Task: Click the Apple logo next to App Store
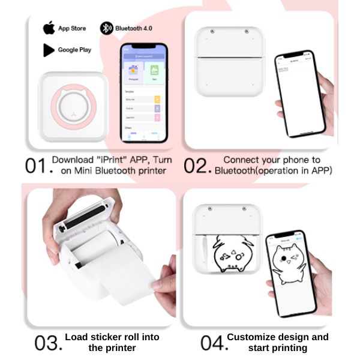click(x=49, y=28)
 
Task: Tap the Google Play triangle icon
click(x=49, y=50)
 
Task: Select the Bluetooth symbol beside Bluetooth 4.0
click(x=106, y=28)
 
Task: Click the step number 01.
click(x=37, y=166)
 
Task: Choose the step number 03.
click(x=48, y=343)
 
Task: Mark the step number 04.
click(x=212, y=343)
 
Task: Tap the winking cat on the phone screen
click(x=292, y=266)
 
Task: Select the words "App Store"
click(x=72, y=28)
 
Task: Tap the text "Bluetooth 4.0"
click(x=134, y=28)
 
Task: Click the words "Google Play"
click(x=74, y=50)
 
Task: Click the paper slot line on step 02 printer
click(x=230, y=58)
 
